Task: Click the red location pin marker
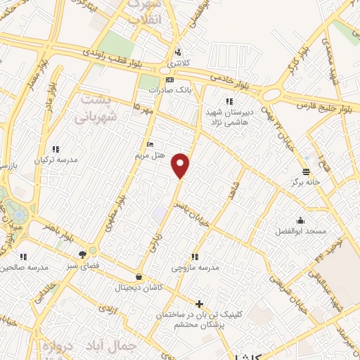[x=181, y=165]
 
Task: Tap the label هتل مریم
[x=150, y=154]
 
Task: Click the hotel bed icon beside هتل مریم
[x=148, y=143]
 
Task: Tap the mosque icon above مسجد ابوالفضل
[x=301, y=220]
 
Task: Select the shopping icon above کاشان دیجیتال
[x=139, y=276]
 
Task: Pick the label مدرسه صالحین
[x=24, y=268]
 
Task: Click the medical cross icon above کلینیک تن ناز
[x=200, y=304]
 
